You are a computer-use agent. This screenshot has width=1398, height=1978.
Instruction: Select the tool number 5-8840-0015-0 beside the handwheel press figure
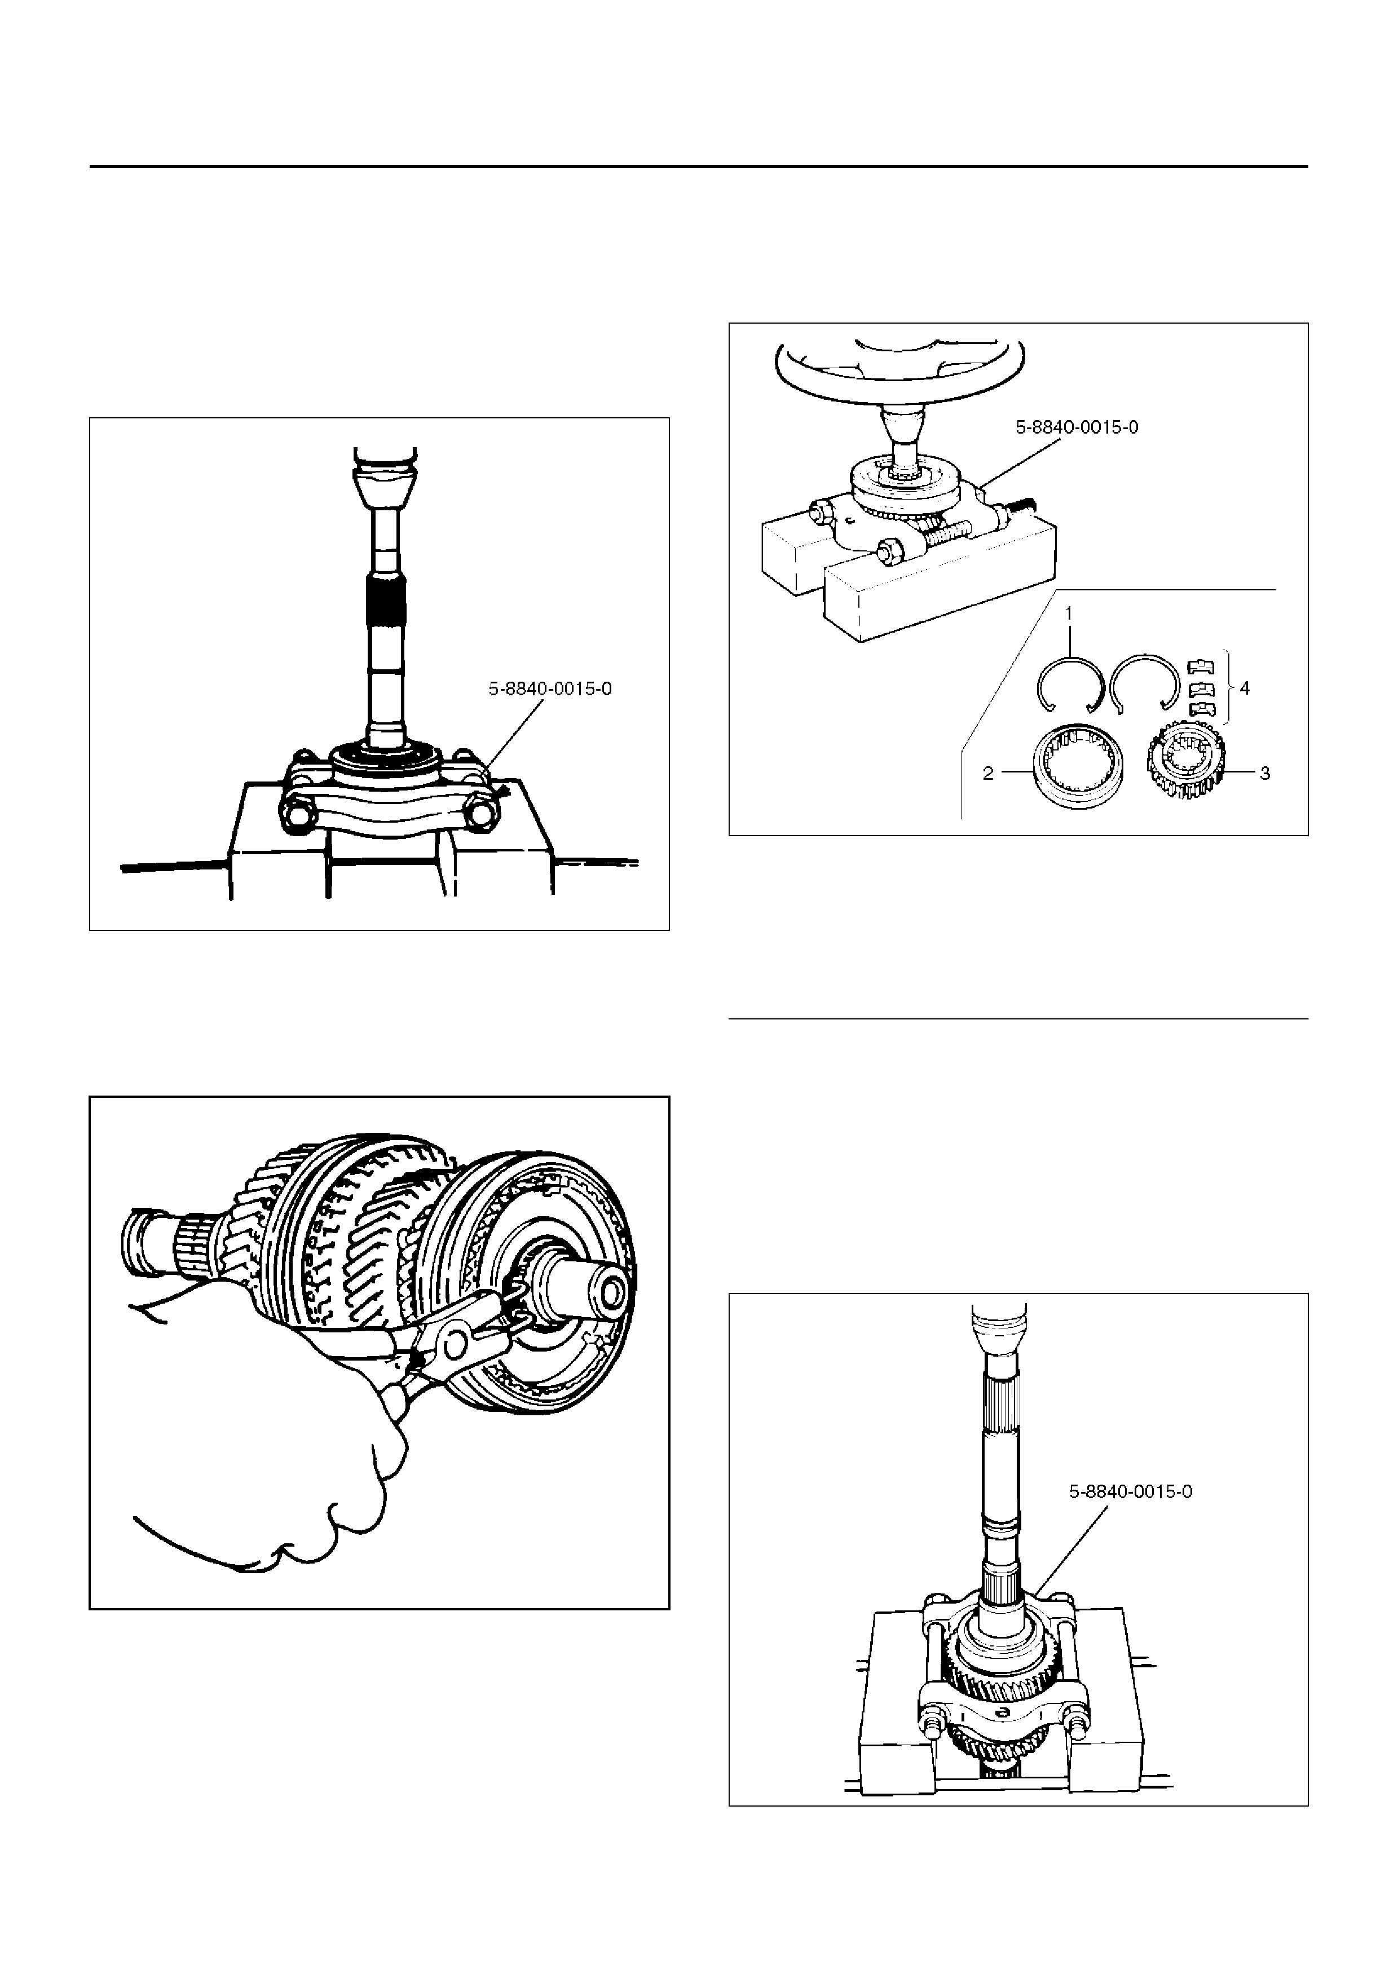[1077, 427]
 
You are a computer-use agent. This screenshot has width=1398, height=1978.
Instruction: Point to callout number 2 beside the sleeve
[989, 774]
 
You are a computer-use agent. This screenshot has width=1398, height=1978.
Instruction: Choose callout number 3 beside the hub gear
[1264, 774]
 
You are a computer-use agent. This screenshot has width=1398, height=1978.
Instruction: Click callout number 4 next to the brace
[1244, 688]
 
